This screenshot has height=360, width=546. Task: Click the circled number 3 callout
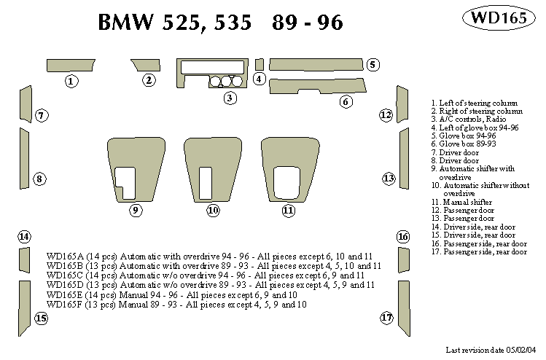coord(229,98)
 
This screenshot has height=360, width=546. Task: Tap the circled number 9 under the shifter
coord(136,211)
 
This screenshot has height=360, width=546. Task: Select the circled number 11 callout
coord(289,211)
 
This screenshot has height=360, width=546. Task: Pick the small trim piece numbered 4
coord(260,63)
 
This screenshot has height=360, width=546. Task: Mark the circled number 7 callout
coord(42,115)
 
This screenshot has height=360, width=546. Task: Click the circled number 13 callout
coord(389,179)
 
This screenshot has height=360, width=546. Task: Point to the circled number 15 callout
coord(41,318)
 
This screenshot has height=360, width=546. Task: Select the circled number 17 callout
coord(386,318)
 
